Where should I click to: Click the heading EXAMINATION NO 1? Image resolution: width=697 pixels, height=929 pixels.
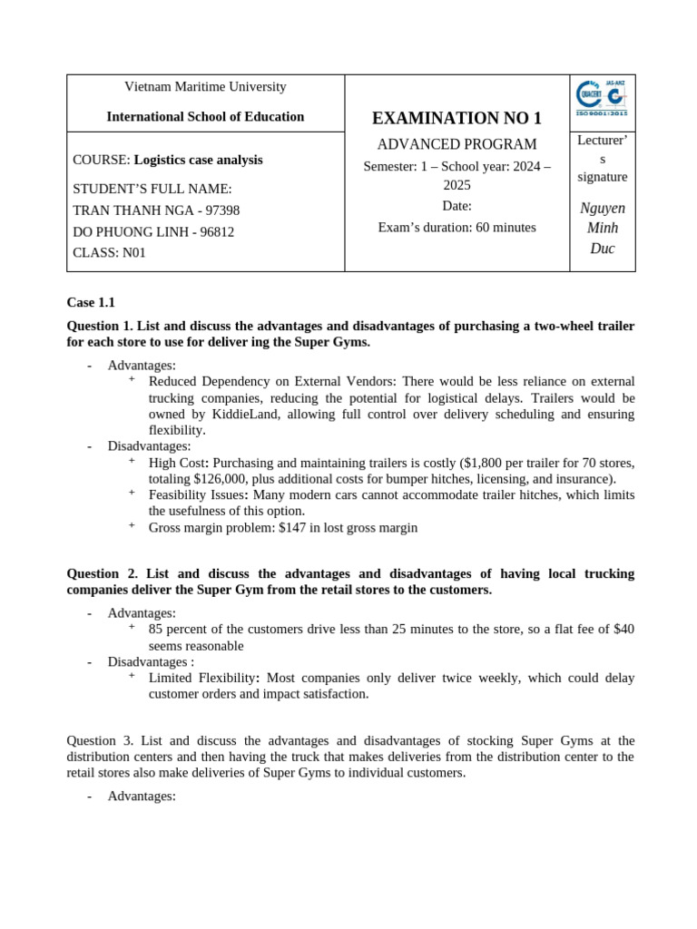456,118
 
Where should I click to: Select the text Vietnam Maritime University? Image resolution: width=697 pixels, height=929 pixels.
205,86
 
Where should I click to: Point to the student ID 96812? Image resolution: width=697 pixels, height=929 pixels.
216,231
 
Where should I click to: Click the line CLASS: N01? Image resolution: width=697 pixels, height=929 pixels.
109,253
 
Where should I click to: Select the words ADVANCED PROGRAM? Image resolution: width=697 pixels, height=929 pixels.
456,144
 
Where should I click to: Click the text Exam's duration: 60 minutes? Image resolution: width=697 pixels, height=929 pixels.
456,227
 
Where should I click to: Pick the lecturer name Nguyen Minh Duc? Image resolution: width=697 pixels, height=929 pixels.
602,228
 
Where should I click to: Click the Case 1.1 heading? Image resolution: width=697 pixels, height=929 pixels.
91,302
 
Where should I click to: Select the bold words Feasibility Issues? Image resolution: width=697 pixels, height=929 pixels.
197,494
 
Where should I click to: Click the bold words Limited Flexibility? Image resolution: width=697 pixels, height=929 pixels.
202,678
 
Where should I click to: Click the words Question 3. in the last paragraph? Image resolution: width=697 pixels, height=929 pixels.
103,740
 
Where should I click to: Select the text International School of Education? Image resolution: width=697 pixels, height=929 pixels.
205,117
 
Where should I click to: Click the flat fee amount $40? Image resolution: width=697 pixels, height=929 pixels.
623,629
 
